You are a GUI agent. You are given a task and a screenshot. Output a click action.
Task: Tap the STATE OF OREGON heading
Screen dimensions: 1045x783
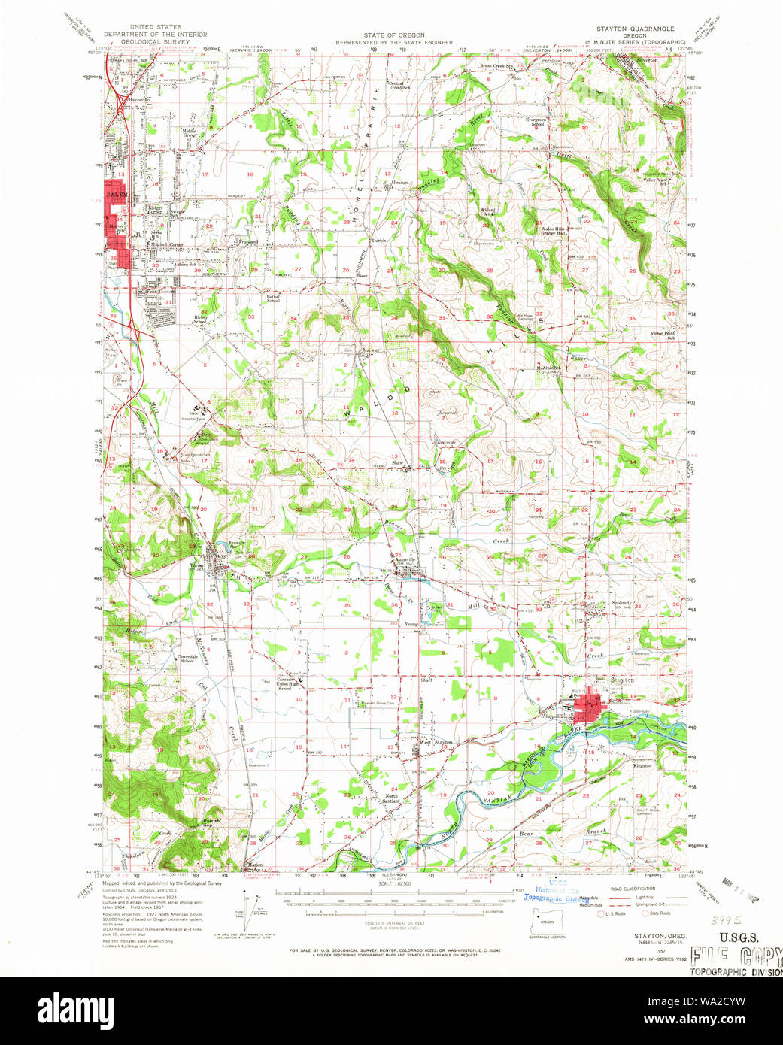point(394,35)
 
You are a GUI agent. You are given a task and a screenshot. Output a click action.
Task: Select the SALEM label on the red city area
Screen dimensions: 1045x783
point(114,194)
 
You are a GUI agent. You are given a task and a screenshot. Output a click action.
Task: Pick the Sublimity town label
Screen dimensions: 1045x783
point(621,603)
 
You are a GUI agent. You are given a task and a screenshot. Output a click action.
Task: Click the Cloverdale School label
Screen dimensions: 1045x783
point(187,659)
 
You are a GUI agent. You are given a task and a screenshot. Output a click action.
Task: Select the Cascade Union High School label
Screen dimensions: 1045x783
point(284,683)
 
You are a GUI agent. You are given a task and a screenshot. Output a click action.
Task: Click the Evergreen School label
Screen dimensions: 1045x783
point(536,122)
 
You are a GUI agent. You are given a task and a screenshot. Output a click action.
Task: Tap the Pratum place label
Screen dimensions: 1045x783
point(400,182)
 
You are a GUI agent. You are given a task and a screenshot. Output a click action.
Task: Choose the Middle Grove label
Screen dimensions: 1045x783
point(190,133)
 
